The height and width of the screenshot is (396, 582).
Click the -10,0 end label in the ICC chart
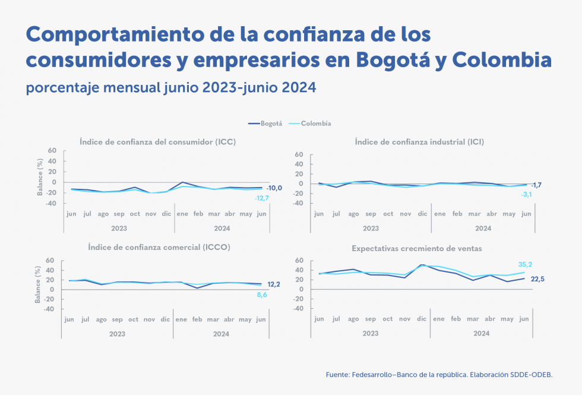pyautogui.click(x=274, y=188)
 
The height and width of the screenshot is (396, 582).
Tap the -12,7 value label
pyautogui.click(x=262, y=198)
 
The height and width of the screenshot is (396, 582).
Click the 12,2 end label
pyautogui.click(x=274, y=284)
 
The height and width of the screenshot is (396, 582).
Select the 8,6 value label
pyautogui.click(x=262, y=294)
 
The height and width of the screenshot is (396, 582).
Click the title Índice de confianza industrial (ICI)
pyautogui.click(x=419, y=142)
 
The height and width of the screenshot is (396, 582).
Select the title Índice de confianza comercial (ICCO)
pyautogui.click(x=159, y=246)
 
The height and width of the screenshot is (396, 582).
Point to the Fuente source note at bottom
pyautogui.click(x=439, y=375)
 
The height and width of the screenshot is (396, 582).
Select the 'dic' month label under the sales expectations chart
pyautogui.click(x=422, y=319)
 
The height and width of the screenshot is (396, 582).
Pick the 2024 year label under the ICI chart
pyautogui.click(x=483, y=228)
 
